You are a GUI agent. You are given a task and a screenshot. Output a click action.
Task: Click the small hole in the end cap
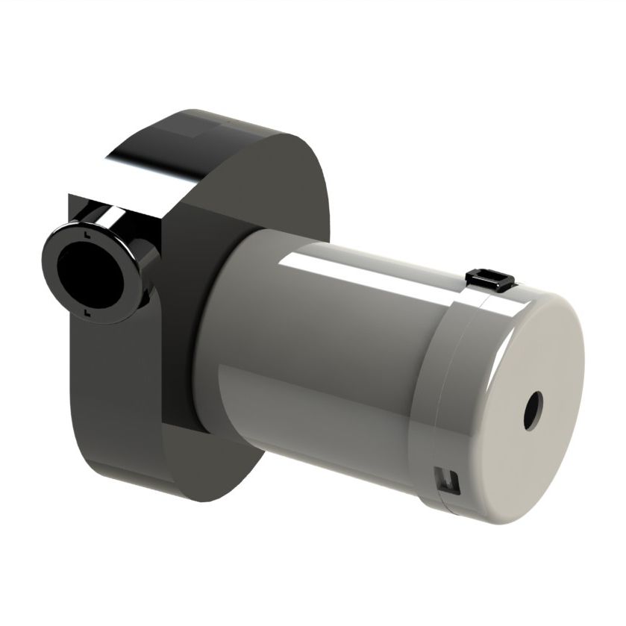[533, 410]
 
